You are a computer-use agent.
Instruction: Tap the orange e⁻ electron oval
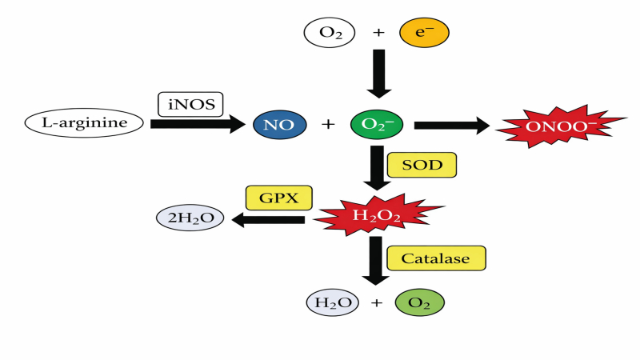point(423,34)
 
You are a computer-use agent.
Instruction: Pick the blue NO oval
point(278,124)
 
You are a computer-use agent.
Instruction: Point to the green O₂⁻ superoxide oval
point(377,124)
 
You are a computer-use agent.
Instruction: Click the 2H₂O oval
point(190,218)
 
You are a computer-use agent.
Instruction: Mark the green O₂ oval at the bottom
point(418,303)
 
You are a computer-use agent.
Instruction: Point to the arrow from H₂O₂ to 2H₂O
point(272,218)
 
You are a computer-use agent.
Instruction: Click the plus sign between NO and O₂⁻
point(327,124)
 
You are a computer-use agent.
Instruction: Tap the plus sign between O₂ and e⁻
point(378,34)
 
